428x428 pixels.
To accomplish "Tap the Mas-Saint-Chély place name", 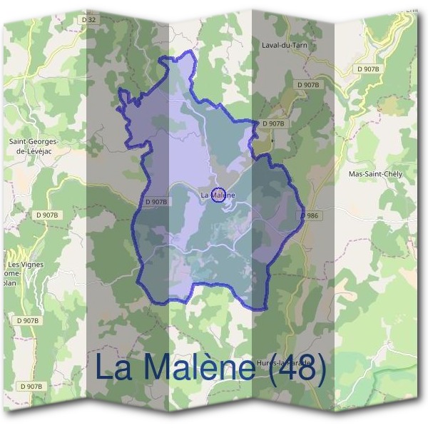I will point(374,174).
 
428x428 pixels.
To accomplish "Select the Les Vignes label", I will point(26,265).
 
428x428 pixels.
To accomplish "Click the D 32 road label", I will point(89,20).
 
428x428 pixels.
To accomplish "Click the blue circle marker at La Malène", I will point(220,194).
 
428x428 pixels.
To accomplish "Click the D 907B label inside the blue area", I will point(156,202).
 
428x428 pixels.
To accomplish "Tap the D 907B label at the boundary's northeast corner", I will point(273,123).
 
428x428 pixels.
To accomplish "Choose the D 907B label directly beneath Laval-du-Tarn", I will point(308,84).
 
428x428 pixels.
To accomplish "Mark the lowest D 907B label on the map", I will point(32,386).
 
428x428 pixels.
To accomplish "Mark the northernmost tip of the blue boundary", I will point(190,52).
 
